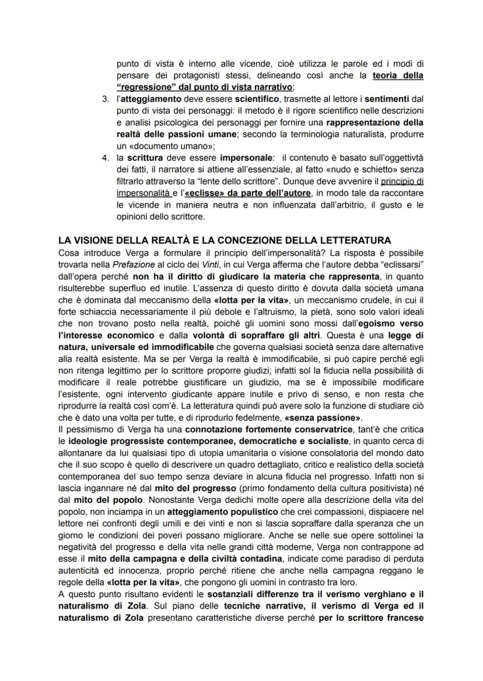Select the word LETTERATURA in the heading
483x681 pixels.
[358, 240]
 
